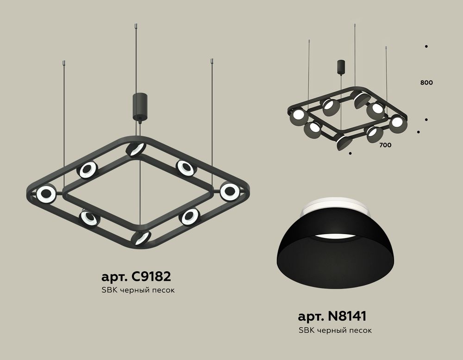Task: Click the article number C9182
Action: pyautogui.click(x=136, y=277)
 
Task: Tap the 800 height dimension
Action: pyautogui.click(x=427, y=83)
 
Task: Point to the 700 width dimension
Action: pyautogui.click(x=385, y=145)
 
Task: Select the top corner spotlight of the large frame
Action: pyautogui.click(x=136, y=149)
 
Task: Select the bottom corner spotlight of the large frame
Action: pyautogui.click(x=140, y=238)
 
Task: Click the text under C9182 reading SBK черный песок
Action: pyautogui.click(x=138, y=290)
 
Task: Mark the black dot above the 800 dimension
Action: pyautogui.click(x=425, y=46)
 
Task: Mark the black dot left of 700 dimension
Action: pyautogui.click(x=350, y=152)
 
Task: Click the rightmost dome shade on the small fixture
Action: pyautogui.click(x=397, y=124)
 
